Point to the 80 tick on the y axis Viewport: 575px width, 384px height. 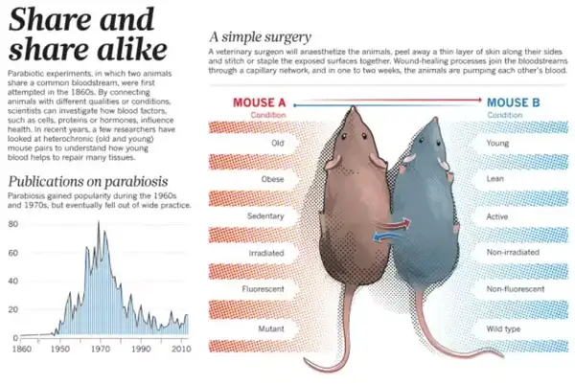pyautogui.click(x=13, y=223)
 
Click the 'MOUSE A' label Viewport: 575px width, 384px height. pyautogui.click(x=261, y=102)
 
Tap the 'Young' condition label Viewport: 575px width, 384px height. pyautogui.click(x=498, y=144)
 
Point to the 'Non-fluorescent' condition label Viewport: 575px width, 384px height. pyautogui.click(x=516, y=288)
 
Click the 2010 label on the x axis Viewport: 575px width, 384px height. pyautogui.click(x=180, y=351)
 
